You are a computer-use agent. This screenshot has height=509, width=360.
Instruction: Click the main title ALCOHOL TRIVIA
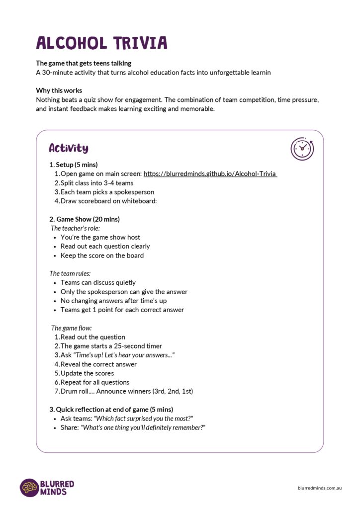pyautogui.click(x=101, y=43)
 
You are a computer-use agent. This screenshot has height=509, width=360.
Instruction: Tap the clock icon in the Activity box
pyautogui.click(x=302, y=149)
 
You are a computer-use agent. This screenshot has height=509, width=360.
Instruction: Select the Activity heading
pyautogui.click(x=69, y=148)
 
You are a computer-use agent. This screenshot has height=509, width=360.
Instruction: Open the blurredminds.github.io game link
pyautogui.click(x=210, y=174)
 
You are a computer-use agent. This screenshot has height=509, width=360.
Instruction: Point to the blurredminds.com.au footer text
pyautogui.click(x=319, y=488)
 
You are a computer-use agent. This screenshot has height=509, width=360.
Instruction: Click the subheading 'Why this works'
pyautogui.click(x=59, y=90)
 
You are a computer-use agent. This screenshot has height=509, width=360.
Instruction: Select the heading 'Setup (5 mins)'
pyautogui.click(x=77, y=165)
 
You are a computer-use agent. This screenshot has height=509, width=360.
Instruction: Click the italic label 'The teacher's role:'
pyautogui.click(x=76, y=228)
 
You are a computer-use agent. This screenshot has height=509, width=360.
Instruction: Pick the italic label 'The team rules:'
pyautogui.click(x=70, y=273)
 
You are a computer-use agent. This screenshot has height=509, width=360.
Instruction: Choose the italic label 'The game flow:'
pyautogui.click(x=72, y=328)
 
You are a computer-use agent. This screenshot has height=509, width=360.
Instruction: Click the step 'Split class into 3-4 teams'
pyautogui.click(x=97, y=183)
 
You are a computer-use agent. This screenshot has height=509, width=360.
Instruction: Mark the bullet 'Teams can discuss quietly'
pyautogui.click(x=98, y=282)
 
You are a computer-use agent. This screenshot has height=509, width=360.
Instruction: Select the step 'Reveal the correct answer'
pyautogui.click(x=98, y=364)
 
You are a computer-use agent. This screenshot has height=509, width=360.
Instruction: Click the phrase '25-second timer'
pyautogui.click(x=139, y=346)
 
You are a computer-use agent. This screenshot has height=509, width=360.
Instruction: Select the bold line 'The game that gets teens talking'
pyautogui.click(x=84, y=63)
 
